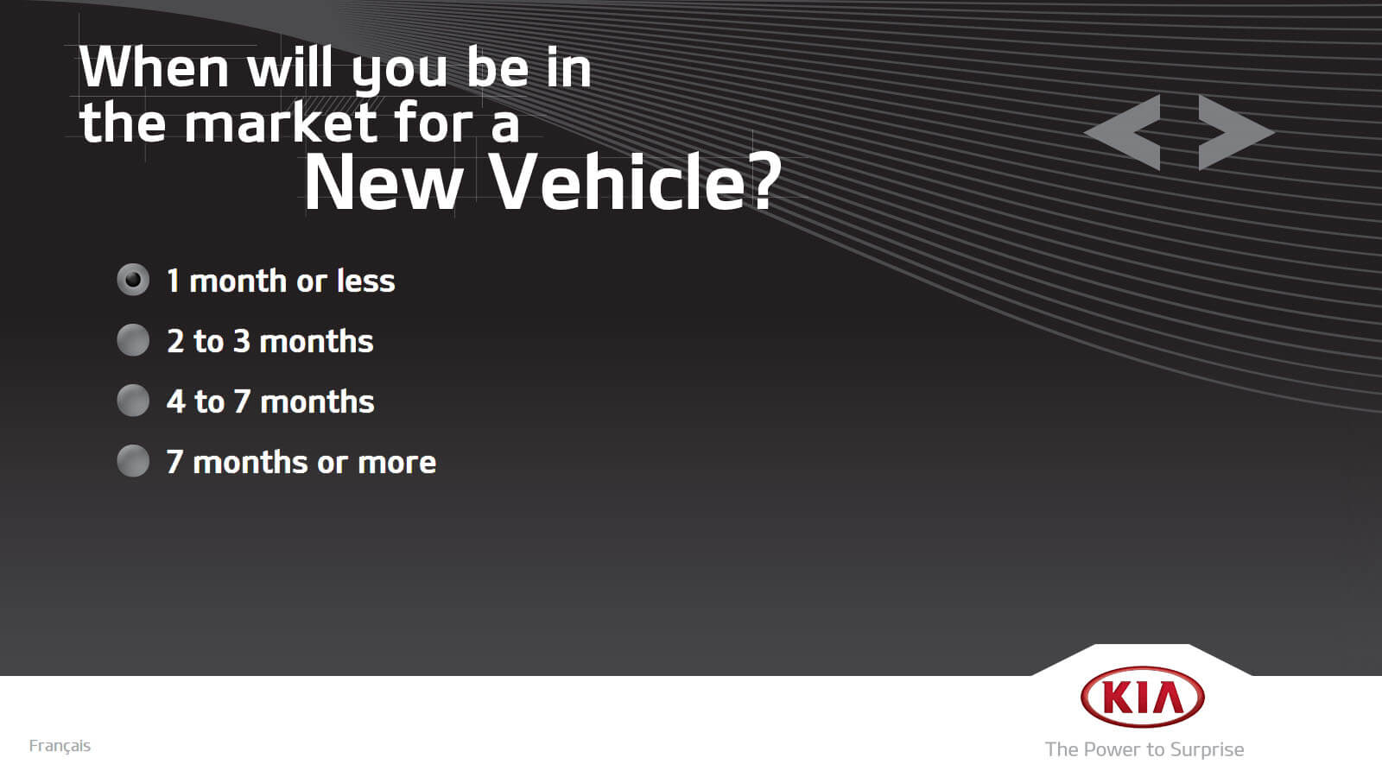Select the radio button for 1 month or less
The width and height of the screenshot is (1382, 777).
[133, 280]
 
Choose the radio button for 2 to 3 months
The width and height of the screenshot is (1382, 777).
[133, 340]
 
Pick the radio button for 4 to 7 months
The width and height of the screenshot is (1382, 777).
[133, 401]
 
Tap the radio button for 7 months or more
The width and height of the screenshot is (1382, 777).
[133, 461]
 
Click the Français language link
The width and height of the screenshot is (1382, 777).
[60, 746]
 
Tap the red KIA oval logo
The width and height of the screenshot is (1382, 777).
[1143, 698]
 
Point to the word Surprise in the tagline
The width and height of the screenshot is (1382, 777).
[1207, 750]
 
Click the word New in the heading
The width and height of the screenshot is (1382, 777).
[384, 183]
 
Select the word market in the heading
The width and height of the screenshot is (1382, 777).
[281, 123]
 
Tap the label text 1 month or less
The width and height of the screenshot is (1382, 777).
[281, 281]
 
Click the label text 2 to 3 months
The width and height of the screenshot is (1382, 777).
[270, 341]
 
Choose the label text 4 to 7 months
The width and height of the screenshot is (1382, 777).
[270, 401]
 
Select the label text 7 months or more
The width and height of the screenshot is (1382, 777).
[301, 462]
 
